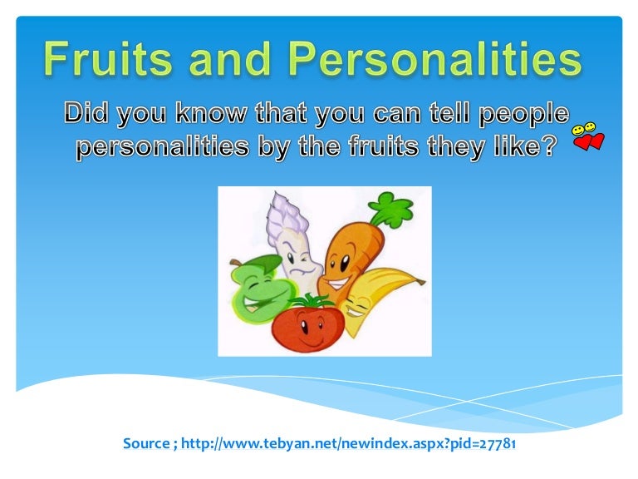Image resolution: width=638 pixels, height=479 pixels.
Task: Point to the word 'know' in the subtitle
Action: coord(207,115)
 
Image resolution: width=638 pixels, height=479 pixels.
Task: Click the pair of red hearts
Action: coord(591,141)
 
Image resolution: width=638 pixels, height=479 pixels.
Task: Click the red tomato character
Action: coord(307,323)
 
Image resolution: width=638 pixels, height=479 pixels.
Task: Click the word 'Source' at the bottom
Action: coord(146,444)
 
